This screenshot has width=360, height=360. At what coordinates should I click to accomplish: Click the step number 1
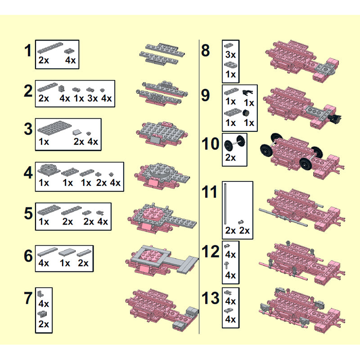point(28,50)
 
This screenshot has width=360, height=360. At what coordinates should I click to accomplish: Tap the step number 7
point(28,298)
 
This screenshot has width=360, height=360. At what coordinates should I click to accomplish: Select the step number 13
point(210,298)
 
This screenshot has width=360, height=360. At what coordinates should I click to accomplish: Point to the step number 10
point(210,144)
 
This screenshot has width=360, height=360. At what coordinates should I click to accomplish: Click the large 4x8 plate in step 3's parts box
point(54,127)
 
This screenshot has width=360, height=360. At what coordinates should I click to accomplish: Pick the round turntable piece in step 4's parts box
point(49,169)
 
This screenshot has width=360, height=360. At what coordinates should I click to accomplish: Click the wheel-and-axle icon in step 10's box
point(234,143)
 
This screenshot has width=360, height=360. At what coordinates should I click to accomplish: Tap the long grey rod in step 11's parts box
point(225,204)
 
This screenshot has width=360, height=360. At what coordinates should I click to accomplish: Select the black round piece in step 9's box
point(246,113)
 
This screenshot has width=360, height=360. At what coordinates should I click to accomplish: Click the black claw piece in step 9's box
point(248,93)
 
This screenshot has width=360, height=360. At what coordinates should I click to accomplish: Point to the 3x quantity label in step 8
point(230,54)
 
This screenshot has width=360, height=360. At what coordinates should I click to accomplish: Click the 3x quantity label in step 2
point(93,98)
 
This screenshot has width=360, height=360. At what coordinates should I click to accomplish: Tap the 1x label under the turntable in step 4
point(44,183)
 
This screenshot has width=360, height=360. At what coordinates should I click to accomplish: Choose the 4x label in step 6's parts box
point(43,263)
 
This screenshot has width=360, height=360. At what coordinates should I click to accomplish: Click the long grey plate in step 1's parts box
point(50,48)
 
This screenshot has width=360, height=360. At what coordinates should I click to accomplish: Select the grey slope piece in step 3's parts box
point(77,132)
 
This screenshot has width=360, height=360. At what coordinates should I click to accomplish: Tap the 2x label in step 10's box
point(230,157)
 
